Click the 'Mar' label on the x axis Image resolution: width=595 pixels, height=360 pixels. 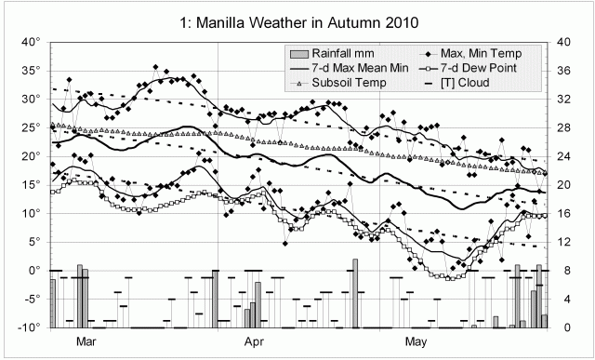[86, 341]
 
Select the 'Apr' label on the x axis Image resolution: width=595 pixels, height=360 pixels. [257, 341]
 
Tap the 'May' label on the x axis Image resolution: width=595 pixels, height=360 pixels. [420, 341]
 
